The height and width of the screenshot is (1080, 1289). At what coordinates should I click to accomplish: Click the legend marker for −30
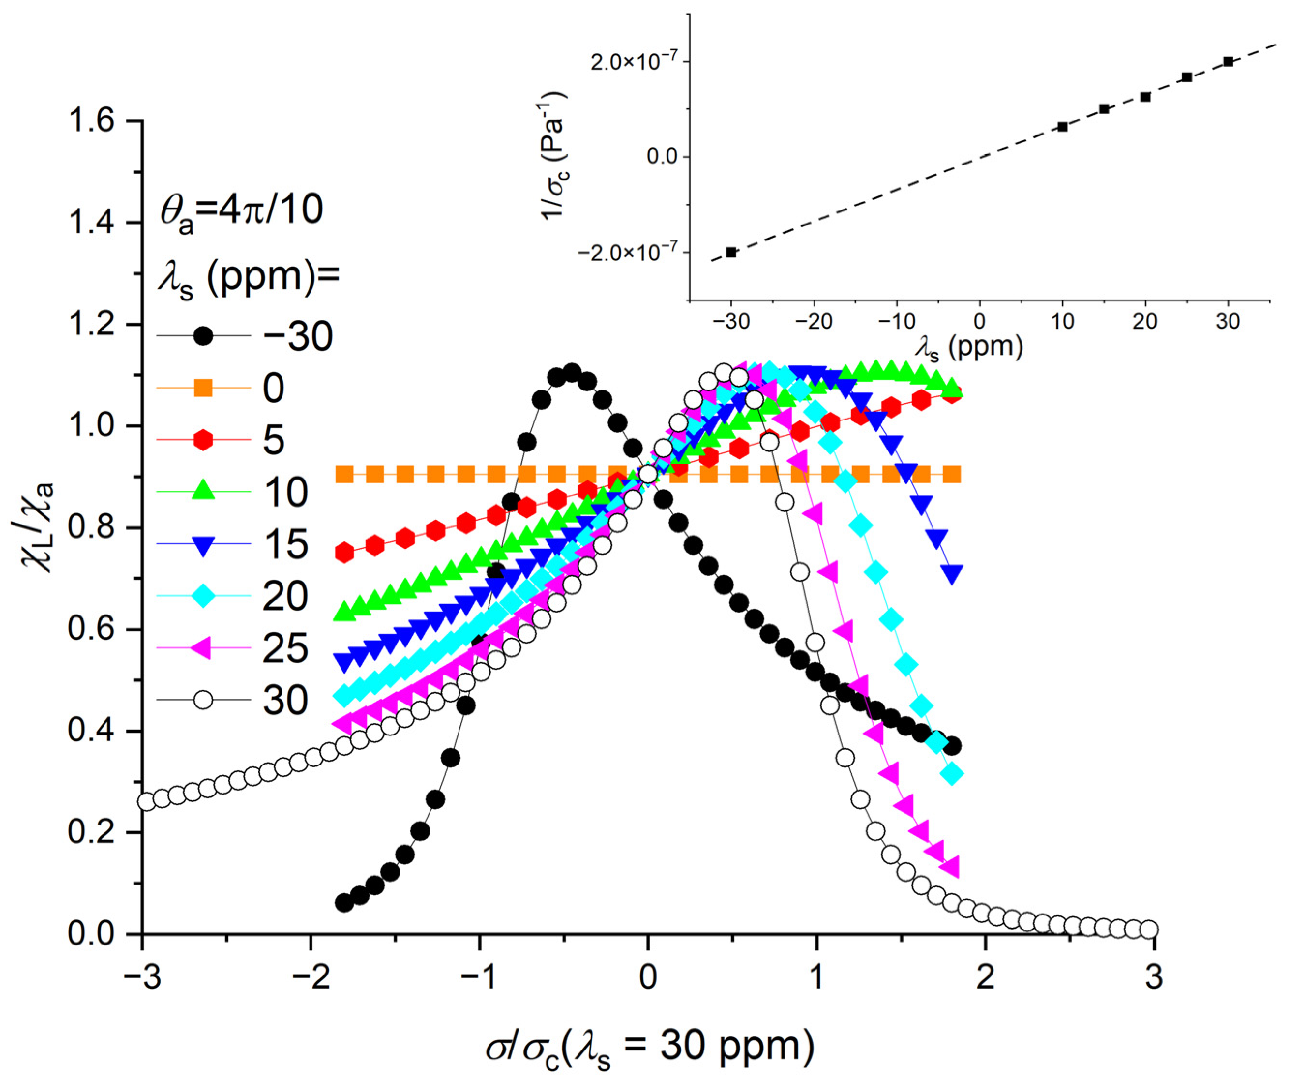203,336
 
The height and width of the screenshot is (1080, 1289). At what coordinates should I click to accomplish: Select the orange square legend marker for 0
203,388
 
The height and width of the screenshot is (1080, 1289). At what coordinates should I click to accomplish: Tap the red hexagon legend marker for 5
203,440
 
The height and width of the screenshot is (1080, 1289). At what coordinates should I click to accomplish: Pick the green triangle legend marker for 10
203,492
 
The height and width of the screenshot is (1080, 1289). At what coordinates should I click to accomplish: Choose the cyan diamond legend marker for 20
203,596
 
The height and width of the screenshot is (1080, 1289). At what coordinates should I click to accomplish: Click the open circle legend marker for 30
203,699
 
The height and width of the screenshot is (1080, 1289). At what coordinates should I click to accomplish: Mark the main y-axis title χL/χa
38,528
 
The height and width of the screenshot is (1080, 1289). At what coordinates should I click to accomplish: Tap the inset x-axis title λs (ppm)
969,348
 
